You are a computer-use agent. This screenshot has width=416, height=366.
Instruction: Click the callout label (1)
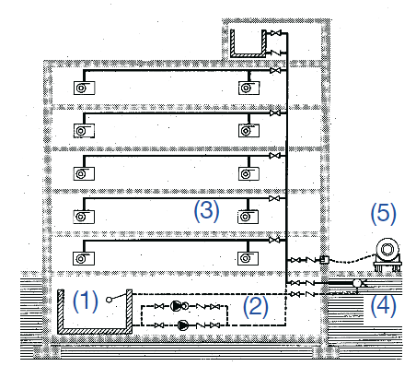point(86,301)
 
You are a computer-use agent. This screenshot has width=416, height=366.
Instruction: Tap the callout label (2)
point(255,307)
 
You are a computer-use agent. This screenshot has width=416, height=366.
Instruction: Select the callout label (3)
point(206,211)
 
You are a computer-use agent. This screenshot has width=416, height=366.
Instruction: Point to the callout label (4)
point(383,305)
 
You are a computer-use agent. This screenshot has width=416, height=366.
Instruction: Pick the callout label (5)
point(383,214)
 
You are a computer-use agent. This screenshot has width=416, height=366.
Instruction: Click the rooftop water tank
point(248,43)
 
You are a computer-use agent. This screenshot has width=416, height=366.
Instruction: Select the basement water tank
point(95,312)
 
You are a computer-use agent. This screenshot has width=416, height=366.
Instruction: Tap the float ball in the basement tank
point(109,300)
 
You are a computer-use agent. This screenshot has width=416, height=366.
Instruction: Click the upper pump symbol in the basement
point(176,306)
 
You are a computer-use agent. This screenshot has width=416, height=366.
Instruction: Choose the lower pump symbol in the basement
point(183,325)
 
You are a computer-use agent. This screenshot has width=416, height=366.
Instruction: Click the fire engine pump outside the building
point(387,255)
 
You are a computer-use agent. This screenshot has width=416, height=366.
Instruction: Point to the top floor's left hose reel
point(84,88)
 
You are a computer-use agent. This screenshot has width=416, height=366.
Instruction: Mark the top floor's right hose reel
point(248,88)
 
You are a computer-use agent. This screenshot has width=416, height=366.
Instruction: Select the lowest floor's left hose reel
point(84,259)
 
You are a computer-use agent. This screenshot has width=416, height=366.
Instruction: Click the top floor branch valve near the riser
point(275,71)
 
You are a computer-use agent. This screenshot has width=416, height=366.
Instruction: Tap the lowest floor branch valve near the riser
point(274,240)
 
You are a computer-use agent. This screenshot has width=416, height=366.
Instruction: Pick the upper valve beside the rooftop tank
point(276,33)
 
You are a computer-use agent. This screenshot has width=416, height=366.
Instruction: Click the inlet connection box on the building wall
point(324,260)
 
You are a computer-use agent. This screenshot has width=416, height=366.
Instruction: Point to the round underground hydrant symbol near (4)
point(357,283)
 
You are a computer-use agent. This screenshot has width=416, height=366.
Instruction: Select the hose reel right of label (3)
point(248,217)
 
